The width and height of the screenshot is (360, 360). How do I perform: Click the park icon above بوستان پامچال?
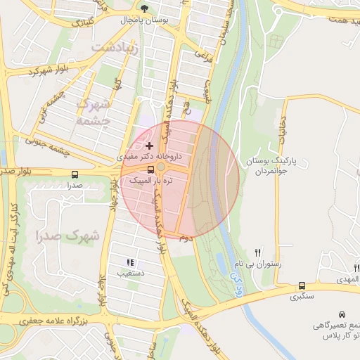tap(145, 9)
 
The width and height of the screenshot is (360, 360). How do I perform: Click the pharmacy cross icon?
tap(149, 145)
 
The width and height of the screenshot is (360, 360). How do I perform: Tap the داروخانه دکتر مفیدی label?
tap(149, 156)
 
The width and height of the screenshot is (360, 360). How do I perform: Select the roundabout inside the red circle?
tap(161, 167)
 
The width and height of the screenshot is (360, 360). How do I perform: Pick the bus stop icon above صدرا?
tap(75, 174)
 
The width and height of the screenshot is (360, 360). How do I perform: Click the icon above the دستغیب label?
tap(129, 262)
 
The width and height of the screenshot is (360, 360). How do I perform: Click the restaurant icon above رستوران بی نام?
tap(259, 252)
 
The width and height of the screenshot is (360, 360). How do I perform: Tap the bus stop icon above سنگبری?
tap(302, 286)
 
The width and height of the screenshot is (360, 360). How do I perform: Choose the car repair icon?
tap(342, 314)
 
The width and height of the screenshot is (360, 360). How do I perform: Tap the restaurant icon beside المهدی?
tap(356, 267)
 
